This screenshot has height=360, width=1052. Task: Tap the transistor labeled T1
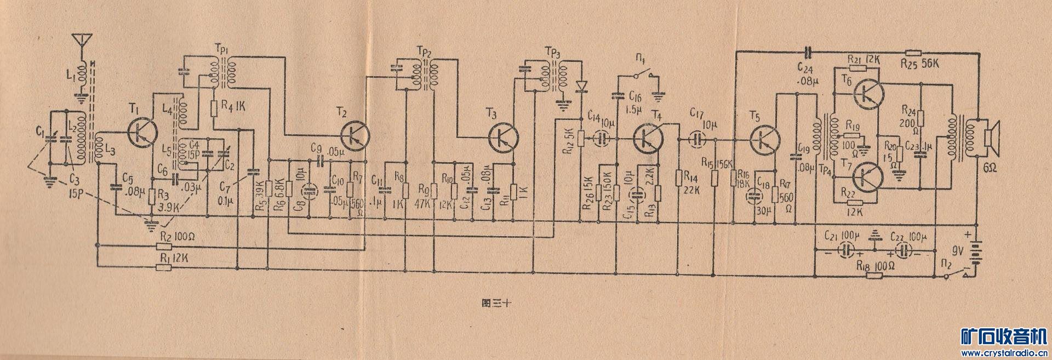pos(142,133)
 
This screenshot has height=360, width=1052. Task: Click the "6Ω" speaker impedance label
pos(991,168)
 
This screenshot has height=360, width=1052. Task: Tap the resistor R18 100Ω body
pos(874,275)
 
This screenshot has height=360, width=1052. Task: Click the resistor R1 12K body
pos(163,267)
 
